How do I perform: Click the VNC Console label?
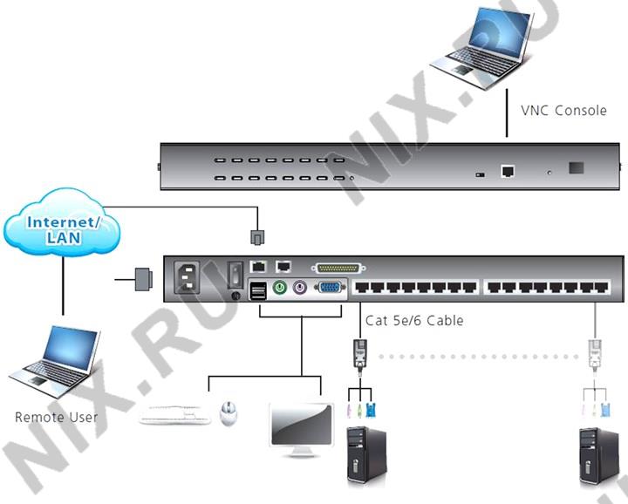tap(563, 111)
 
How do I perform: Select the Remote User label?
tap(56, 417)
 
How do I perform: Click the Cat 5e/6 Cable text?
tap(414, 320)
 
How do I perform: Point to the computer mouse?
tap(229, 412)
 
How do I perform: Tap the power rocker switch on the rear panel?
tap(234, 274)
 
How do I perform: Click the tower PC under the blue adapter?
tap(367, 453)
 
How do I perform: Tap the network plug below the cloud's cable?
tap(256, 237)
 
